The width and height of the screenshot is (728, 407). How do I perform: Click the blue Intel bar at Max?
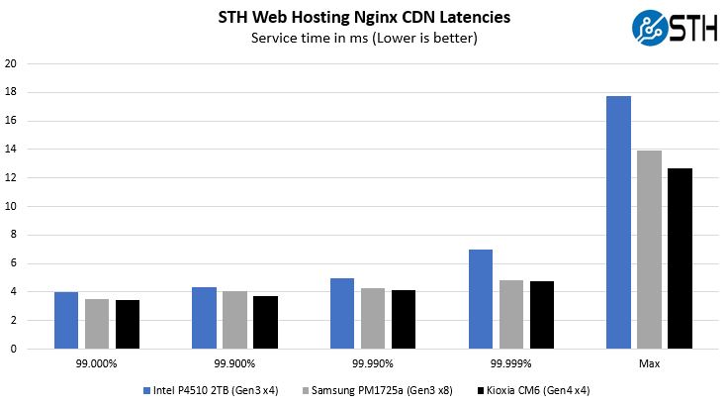click(x=619, y=222)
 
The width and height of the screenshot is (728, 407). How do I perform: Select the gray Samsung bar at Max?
click(x=650, y=250)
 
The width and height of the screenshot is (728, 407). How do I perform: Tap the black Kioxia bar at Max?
click(x=680, y=258)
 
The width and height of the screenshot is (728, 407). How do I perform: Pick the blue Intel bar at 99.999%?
click(x=481, y=299)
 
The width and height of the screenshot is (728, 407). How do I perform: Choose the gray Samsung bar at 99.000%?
click(x=97, y=324)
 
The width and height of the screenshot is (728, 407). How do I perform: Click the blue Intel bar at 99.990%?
click(x=342, y=313)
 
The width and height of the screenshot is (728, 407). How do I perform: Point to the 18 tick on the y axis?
click(x=11, y=92)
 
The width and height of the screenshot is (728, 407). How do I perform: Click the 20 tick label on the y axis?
click(x=11, y=64)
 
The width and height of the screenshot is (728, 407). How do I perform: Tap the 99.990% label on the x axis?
click(x=373, y=363)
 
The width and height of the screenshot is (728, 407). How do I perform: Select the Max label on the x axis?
click(x=650, y=363)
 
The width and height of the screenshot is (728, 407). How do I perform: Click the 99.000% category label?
click(x=96, y=363)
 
